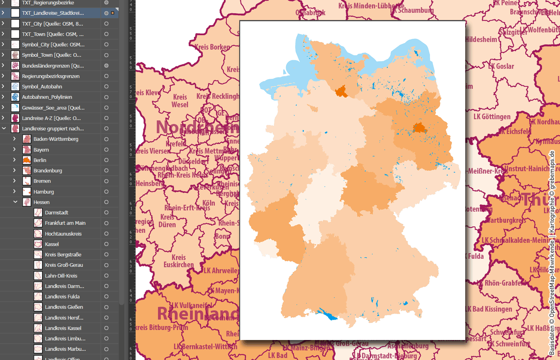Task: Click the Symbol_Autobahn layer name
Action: click(x=42, y=86)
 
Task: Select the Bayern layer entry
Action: click(x=41, y=150)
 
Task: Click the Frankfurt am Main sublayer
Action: click(x=65, y=223)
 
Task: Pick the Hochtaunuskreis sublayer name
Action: click(x=63, y=234)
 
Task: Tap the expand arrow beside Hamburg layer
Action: click(x=14, y=192)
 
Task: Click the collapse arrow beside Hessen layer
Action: click(x=15, y=202)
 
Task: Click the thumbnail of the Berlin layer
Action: click(x=27, y=160)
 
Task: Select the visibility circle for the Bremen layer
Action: click(x=106, y=181)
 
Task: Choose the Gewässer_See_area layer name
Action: click(x=53, y=108)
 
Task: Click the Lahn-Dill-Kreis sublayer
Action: click(x=61, y=276)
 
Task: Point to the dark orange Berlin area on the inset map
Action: click(x=419, y=128)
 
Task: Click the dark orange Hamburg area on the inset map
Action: click(x=342, y=92)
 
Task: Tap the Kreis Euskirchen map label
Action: click(x=178, y=261)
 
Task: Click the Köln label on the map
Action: click(x=209, y=203)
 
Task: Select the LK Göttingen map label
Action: click(x=492, y=117)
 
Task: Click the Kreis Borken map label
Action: click(x=212, y=47)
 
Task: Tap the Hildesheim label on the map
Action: click(x=481, y=40)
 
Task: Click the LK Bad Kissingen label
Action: click(x=488, y=309)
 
